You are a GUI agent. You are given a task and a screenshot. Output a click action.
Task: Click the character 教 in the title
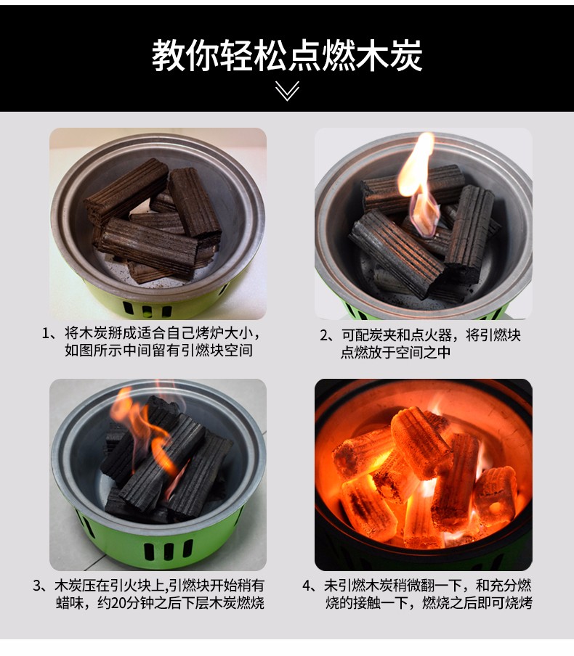(x=169, y=55)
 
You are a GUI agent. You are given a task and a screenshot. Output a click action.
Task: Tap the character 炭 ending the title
(x=405, y=55)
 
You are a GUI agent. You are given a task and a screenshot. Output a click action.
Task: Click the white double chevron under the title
(x=287, y=91)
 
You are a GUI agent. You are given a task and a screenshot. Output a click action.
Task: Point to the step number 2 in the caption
(x=324, y=335)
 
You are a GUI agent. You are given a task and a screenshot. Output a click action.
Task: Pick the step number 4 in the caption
(x=307, y=586)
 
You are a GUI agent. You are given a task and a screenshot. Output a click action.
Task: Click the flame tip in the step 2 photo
(x=427, y=135)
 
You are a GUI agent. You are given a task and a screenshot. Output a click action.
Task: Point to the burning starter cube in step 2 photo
(x=424, y=215)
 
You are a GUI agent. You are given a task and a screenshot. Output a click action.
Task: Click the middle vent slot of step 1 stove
(x=147, y=312)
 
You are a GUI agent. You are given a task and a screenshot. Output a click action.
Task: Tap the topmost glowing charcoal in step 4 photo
(x=420, y=441)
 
